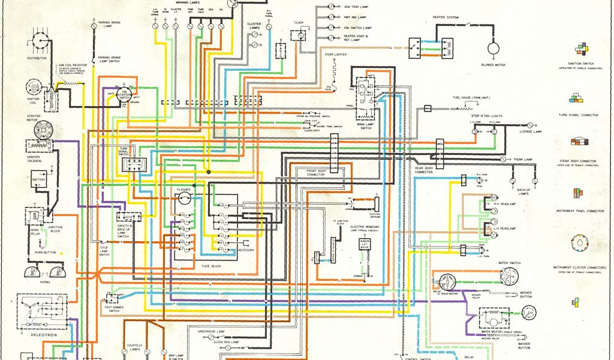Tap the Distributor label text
click(x=37, y=58)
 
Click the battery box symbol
click(x=39, y=179)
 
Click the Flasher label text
click(x=183, y=190)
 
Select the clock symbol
click(x=299, y=35)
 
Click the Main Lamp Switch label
click(x=366, y=125)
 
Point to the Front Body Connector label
click(x=316, y=173)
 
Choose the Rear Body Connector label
click(x=424, y=170)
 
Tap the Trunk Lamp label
click(x=523, y=160)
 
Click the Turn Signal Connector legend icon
click(x=579, y=98)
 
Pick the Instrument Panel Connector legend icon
click(x=577, y=193)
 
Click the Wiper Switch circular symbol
click(x=509, y=276)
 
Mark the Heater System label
click(x=446, y=17)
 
